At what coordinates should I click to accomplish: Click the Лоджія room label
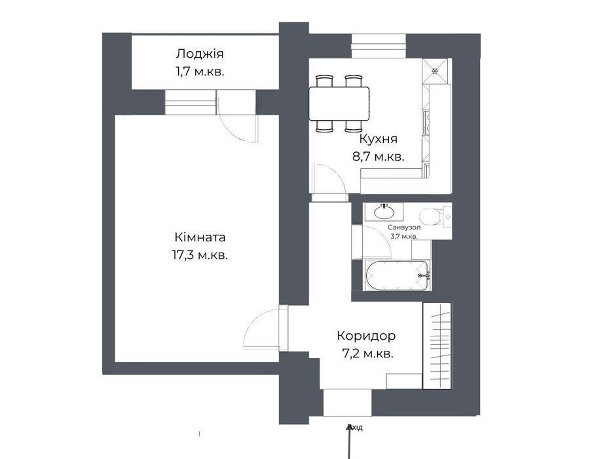click(x=200, y=54)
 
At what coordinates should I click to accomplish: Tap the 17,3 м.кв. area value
click(x=200, y=256)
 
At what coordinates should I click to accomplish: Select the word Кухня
click(x=378, y=139)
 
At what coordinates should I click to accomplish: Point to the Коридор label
click(x=366, y=336)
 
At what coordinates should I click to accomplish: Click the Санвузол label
click(x=404, y=227)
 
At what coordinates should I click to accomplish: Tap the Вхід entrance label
click(x=355, y=428)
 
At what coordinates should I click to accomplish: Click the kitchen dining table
click(x=339, y=104)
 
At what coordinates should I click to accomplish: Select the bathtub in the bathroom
click(x=397, y=275)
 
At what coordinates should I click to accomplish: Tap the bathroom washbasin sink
click(x=384, y=212)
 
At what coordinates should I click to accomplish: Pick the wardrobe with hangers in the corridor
click(x=437, y=346)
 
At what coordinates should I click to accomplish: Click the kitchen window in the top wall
click(x=379, y=46)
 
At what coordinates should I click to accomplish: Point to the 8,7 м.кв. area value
click(x=378, y=157)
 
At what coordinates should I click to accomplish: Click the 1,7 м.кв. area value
click(x=200, y=72)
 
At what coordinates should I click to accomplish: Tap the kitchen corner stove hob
click(x=435, y=71)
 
